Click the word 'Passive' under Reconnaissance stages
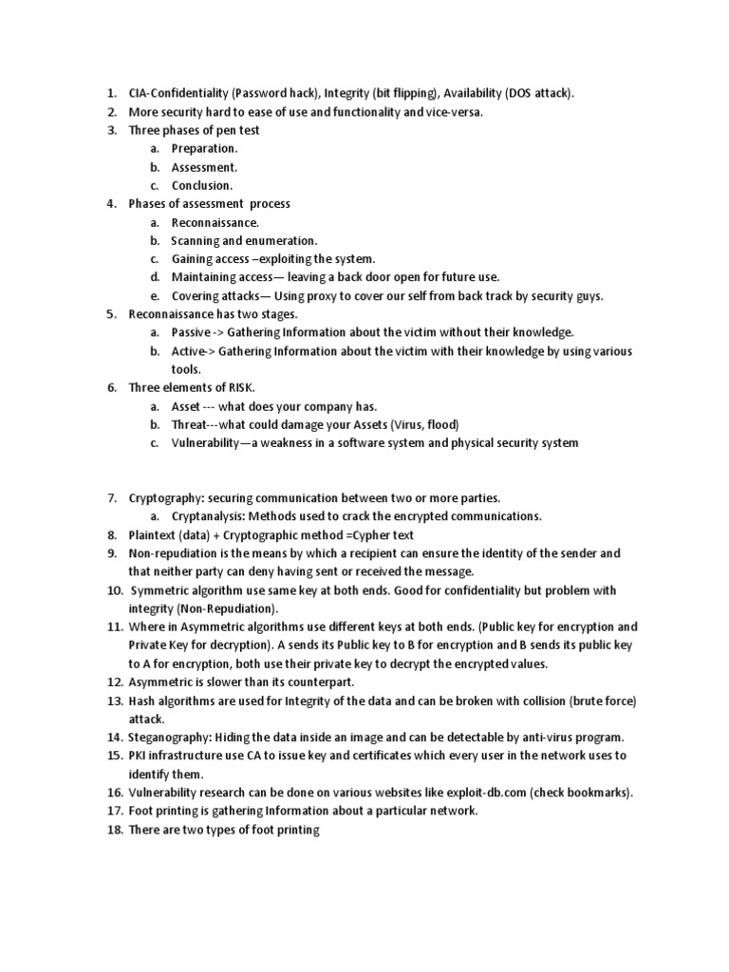191,332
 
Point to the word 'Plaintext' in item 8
154,534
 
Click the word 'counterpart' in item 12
314,682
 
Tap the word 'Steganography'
170,737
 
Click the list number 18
114,830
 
